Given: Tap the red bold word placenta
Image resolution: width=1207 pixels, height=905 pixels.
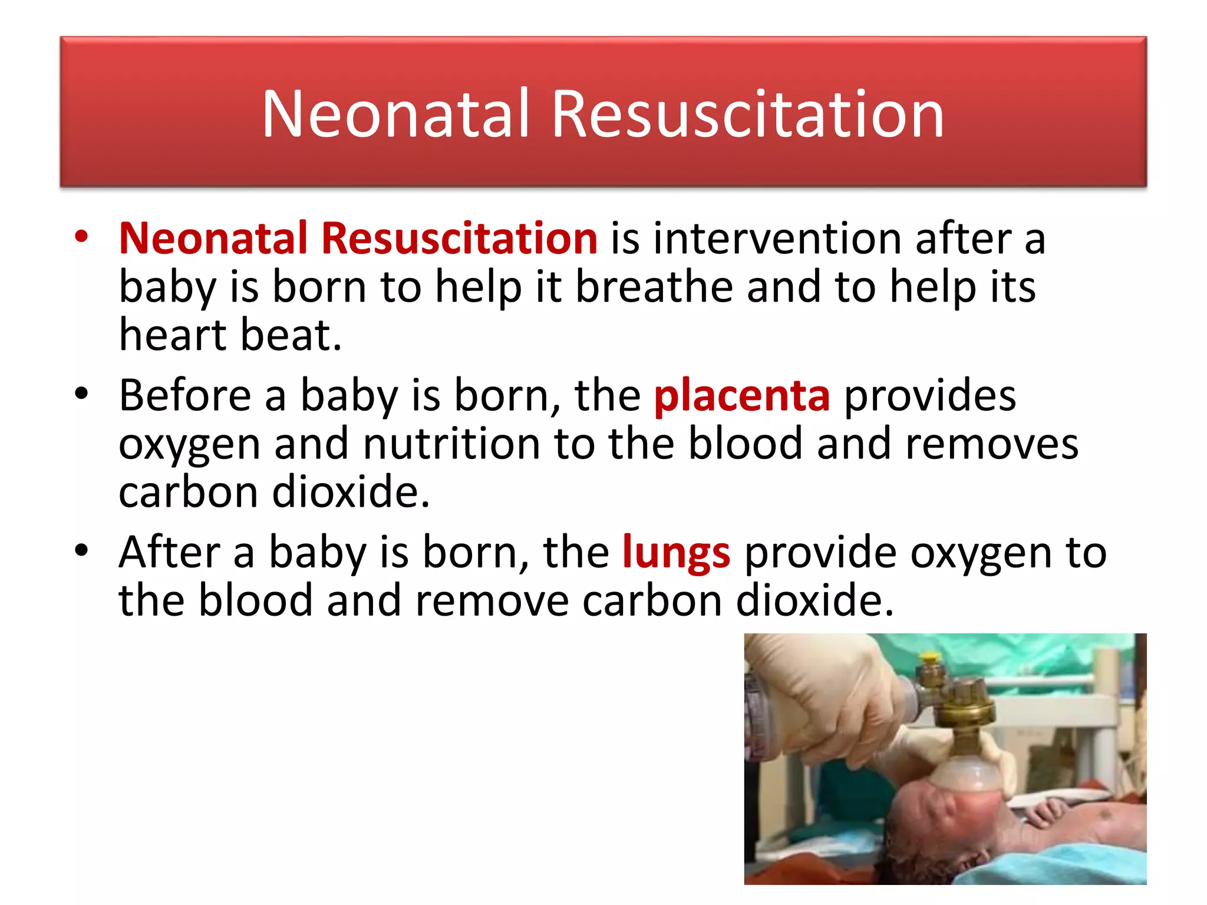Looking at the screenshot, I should coord(742,395).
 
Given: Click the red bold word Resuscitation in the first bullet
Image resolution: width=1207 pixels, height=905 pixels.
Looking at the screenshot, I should coord(460,238).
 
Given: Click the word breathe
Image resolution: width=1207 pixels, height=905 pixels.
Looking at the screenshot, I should coord(653,287).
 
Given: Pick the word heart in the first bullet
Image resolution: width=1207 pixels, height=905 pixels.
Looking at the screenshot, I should coord(173,335).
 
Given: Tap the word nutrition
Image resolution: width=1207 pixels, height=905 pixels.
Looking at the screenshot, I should coord(451,444).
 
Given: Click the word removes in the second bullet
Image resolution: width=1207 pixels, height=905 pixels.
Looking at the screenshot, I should coord(991,444).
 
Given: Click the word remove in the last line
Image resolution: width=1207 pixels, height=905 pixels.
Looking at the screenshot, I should coord(492,601).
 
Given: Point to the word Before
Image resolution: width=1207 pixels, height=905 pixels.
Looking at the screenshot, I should coord(185,395).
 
